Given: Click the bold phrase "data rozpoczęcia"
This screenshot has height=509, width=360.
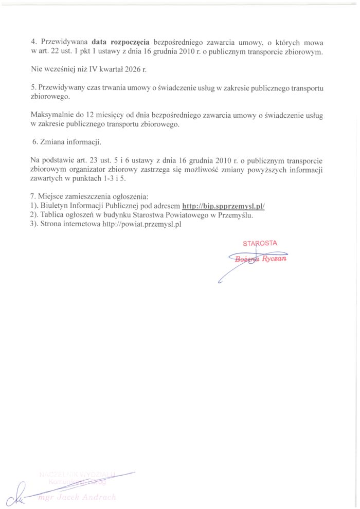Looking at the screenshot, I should (120, 43).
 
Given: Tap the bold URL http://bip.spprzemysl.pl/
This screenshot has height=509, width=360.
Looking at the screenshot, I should (224, 207).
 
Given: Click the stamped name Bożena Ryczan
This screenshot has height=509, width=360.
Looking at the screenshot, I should (260, 259).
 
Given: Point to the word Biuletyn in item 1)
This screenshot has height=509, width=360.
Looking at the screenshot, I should (53, 207).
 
